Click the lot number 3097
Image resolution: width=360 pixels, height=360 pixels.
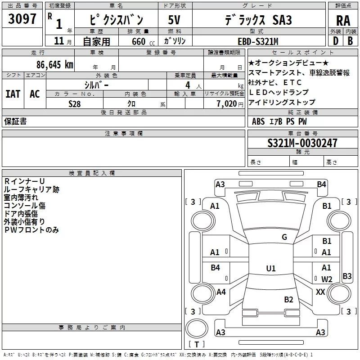tap(22, 19)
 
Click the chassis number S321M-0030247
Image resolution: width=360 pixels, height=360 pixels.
tap(302, 143)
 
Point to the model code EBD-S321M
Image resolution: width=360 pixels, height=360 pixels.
tap(258, 41)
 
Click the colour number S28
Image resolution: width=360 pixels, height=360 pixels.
tap(75, 103)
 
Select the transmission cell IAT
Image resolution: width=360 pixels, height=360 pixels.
tap(13, 94)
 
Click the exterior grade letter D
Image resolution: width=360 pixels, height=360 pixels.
tap(335, 41)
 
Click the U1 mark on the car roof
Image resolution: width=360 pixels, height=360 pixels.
tap(270, 269)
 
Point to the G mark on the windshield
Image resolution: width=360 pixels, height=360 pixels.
tap(284, 237)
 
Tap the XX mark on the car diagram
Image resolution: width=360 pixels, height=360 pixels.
tap(320, 292)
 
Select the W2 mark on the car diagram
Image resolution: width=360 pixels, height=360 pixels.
tap(327, 279)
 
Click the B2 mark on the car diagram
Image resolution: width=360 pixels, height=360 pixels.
tap(288, 299)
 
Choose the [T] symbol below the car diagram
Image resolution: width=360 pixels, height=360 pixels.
tap(196, 345)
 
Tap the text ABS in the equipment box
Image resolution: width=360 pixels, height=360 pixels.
tap(258, 121)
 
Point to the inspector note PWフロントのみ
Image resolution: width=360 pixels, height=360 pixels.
tap(31, 230)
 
